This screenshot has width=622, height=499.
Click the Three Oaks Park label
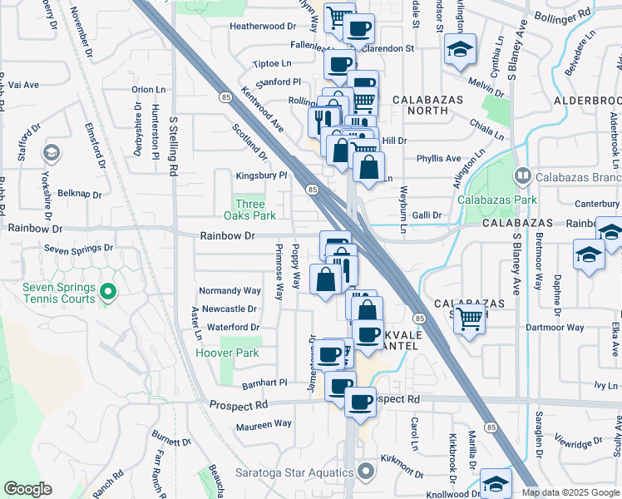250,210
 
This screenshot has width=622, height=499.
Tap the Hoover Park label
227,353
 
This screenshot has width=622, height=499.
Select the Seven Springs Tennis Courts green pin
106,292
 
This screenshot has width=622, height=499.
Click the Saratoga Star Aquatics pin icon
365,473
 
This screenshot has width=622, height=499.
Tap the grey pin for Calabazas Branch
522,175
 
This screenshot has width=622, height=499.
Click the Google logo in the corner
27,489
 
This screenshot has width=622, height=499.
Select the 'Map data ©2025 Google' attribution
570,492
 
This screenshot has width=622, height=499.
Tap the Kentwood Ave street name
263,110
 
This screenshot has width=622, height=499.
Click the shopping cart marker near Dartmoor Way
469,317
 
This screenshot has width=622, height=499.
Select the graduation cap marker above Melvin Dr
459,49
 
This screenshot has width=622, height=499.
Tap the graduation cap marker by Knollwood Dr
496,484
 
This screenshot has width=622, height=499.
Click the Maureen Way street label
264,424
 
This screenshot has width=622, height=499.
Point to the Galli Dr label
425,215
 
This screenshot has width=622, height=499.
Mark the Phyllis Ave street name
438,158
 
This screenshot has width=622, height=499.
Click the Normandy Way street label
230,291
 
